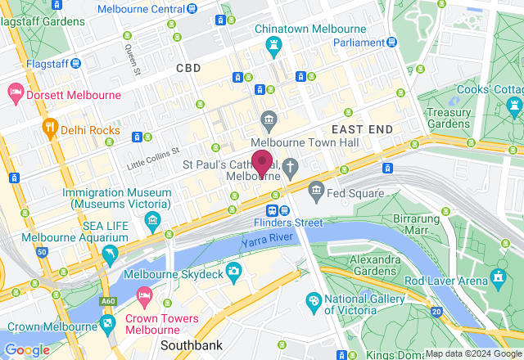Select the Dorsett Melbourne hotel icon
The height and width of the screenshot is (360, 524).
15,94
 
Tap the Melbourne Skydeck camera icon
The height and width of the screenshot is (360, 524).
234,270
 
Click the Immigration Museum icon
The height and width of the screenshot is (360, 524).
151,219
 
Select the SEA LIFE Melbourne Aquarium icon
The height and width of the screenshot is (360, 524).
109,257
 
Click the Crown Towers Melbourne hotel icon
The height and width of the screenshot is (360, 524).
145,295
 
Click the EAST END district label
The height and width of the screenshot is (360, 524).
362,129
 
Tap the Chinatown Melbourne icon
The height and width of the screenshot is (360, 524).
274,46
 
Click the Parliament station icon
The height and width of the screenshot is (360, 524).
393,43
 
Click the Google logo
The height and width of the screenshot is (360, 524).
27,350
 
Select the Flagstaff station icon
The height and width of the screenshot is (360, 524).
76,62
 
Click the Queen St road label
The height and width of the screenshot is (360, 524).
133,59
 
